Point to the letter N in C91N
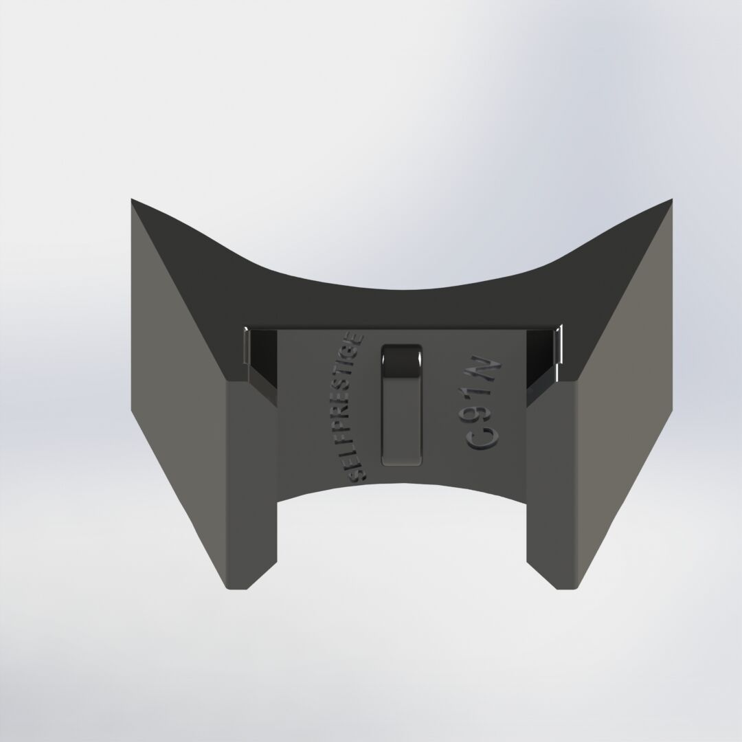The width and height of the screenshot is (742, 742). pos(493,372)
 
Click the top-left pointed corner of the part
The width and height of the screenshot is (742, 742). pos(133,201)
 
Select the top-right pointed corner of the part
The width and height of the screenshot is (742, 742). pos(670,201)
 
